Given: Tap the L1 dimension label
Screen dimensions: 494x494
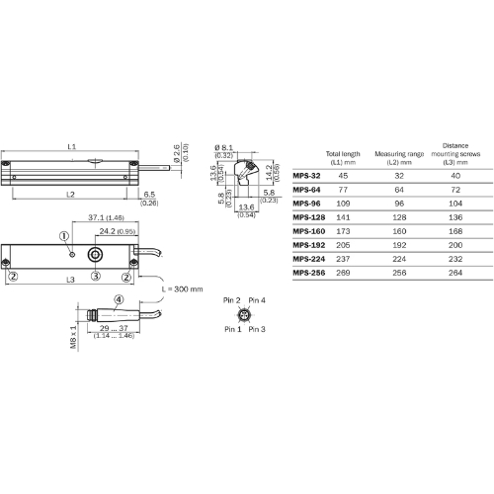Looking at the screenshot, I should coord(72,146).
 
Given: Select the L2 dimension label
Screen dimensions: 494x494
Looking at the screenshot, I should coord(71,195).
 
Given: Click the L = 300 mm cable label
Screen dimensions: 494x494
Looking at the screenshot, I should coord(180,289).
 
